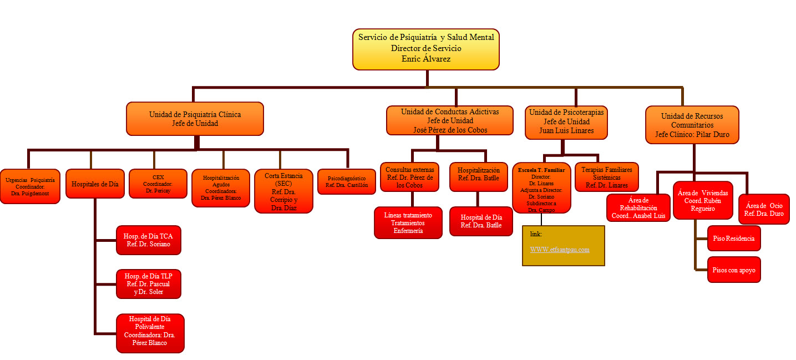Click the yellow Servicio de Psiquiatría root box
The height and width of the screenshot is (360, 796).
click(426, 49)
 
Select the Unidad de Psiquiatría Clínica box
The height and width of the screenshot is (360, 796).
click(195, 119)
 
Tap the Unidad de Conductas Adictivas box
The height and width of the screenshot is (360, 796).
click(450, 121)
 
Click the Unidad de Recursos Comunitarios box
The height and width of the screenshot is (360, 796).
click(692, 125)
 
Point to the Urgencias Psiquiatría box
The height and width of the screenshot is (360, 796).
click(30, 186)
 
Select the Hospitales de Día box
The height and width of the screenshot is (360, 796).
click(95, 184)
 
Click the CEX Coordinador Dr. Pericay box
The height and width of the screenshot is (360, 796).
click(158, 184)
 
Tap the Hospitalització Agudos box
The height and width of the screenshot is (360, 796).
click(221, 187)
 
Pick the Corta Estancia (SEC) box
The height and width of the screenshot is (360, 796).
click(283, 191)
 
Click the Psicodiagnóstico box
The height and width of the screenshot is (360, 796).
click(347, 181)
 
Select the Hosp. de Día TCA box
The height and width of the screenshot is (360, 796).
click(149, 240)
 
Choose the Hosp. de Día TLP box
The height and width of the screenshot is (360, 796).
click(149, 283)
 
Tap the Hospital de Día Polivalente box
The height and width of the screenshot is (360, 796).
click(150, 333)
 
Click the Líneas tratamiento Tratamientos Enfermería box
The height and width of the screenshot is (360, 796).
click(408, 222)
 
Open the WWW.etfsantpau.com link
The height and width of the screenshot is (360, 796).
click(560, 250)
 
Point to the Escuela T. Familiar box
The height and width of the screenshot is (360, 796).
click(541, 187)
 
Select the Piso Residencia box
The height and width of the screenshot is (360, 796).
click(733, 238)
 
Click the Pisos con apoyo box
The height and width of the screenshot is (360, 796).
click(733, 270)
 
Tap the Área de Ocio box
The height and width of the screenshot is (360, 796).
click(764, 209)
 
